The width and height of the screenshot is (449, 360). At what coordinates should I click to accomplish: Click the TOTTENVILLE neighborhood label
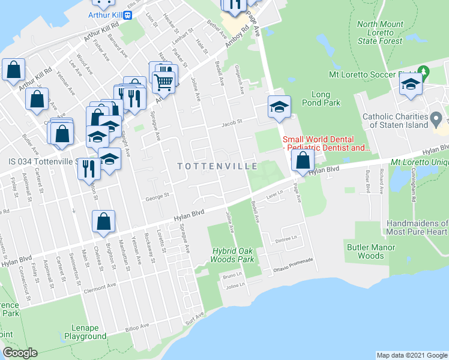(x=217, y=166)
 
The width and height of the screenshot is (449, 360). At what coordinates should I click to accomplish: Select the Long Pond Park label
(x=326, y=98)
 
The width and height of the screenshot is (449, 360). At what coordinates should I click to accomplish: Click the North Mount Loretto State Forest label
(x=380, y=32)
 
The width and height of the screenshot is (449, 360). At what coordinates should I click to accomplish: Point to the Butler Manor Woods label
(x=371, y=251)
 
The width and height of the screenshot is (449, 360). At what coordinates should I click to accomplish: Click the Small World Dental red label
(x=326, y=143)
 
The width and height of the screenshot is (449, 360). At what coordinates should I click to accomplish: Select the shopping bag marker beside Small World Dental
(x=303, y=160)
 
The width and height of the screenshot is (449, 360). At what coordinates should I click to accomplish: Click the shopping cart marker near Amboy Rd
(x=163, y=81)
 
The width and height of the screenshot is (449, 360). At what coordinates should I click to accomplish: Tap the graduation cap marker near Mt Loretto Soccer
(x=411, y=84)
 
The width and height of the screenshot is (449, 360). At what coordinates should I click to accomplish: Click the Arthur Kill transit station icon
(x=127, y=16)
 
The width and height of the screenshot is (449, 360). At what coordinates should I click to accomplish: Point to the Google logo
(x=20, y=353)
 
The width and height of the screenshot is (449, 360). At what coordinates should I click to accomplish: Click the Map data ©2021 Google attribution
(x=411, y=355)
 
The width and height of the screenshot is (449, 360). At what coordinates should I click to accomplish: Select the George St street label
(x=158, y=195)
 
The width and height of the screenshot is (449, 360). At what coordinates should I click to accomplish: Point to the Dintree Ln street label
(x=287, y=238)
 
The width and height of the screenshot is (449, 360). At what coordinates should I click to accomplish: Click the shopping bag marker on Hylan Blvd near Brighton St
(x=104, y=221)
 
